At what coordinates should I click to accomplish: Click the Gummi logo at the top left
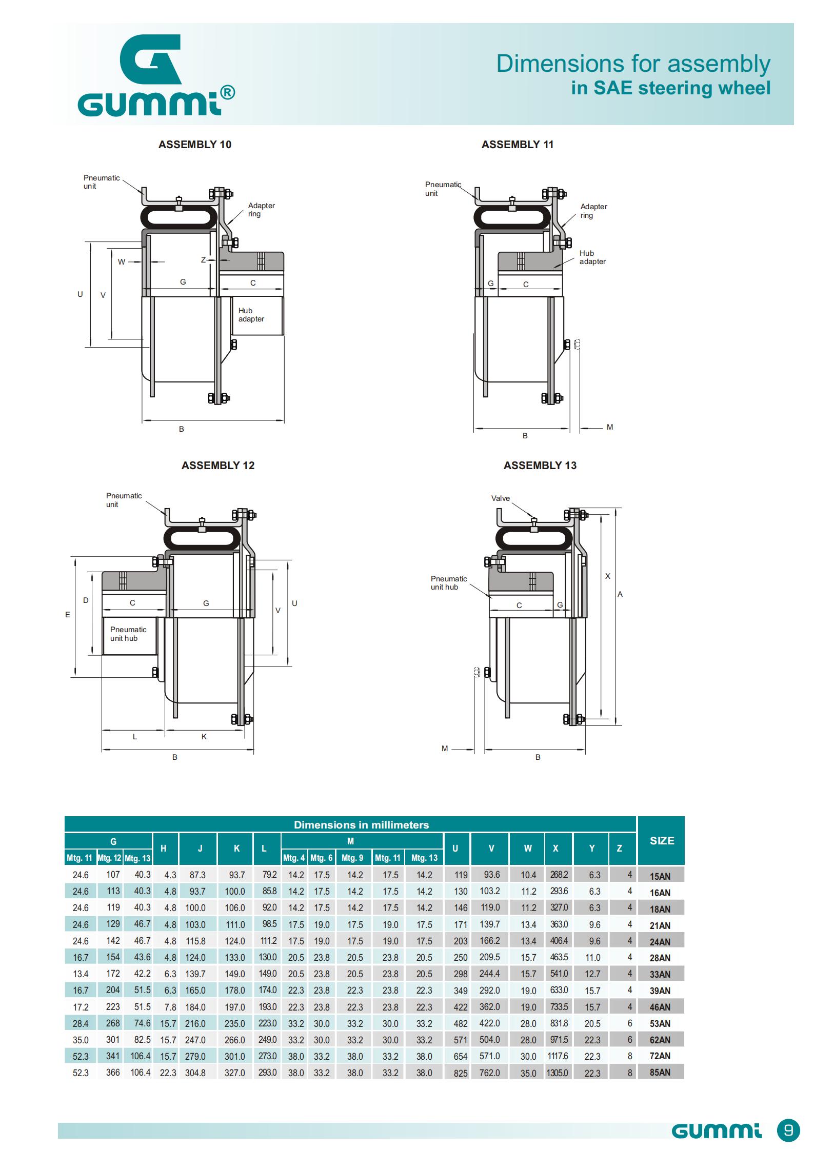156,75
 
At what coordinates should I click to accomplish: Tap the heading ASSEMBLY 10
195,145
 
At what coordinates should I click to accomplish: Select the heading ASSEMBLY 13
540,466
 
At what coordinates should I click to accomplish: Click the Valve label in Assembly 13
501,498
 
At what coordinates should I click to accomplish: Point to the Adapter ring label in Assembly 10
262,210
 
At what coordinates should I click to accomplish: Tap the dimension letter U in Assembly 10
80,294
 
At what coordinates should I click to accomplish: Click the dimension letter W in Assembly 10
122,262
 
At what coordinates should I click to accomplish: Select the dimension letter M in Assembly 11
610,427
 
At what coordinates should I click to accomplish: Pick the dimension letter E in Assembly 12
67,615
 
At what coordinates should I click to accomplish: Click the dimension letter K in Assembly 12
204,737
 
